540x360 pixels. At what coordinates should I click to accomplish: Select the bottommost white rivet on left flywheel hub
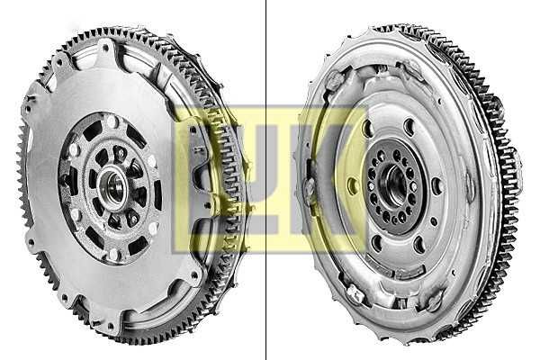114,254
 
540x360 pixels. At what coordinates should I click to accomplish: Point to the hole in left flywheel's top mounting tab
105,48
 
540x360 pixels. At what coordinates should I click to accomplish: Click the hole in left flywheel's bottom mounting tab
111,325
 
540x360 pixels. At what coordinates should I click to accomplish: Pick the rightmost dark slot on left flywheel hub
158,195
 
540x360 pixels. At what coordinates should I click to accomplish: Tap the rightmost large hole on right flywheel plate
436,186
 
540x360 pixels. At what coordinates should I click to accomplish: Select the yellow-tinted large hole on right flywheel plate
352,186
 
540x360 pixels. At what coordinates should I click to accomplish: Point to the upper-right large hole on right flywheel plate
409,128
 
